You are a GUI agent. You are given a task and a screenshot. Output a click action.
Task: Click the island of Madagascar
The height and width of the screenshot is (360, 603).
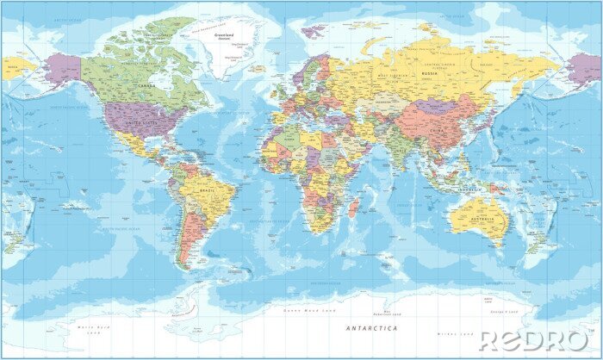[353, 208]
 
